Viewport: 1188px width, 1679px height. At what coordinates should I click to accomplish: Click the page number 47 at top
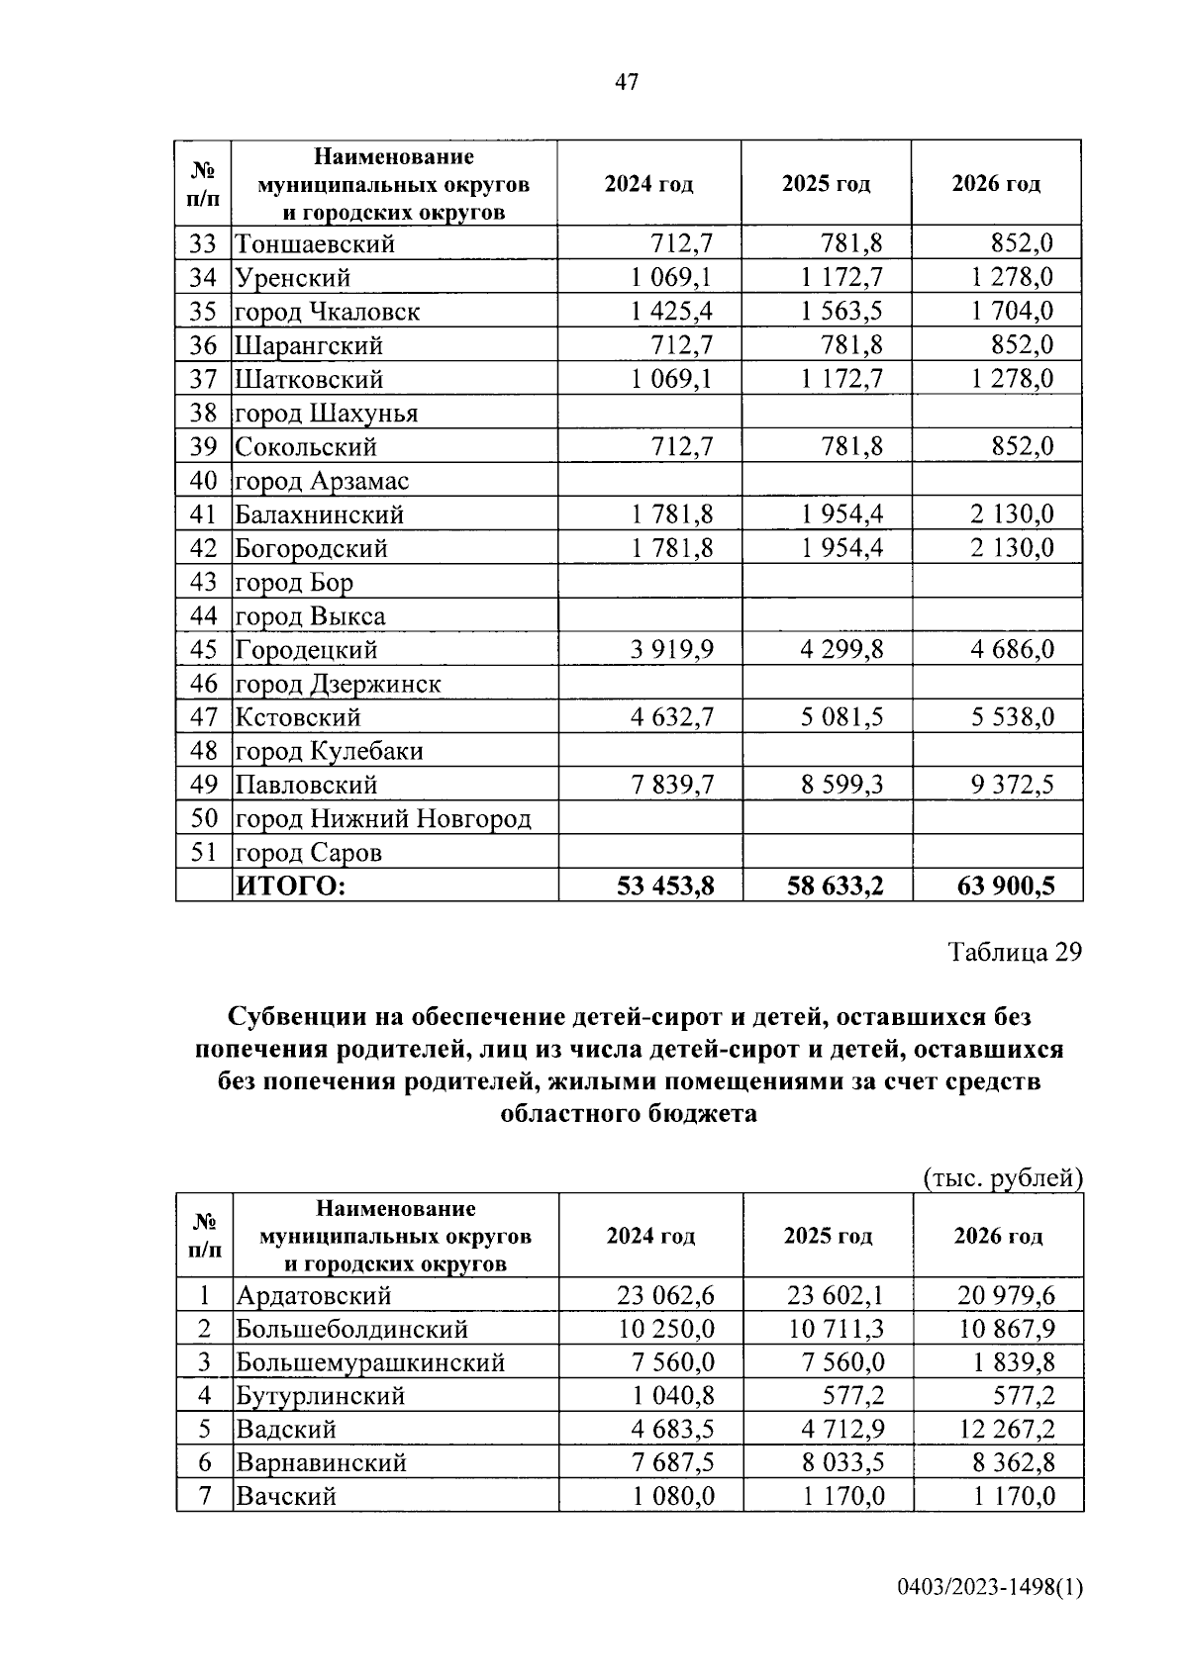click(x=626, y=82)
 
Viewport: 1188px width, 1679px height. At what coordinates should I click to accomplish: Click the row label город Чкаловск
click(x=327, y=312)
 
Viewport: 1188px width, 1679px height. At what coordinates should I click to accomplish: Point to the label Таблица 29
click(x=1015, y=952)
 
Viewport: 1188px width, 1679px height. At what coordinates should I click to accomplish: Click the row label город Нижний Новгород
click(x=382, y=819)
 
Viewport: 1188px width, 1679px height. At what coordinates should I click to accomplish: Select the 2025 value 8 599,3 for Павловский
click(x=841, y=786)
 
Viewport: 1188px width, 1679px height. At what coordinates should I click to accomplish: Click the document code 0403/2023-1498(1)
click(x=990, y=1588)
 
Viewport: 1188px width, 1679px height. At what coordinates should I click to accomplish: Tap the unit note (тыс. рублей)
click(x=1003, y=1178)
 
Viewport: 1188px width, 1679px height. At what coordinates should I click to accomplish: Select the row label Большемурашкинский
click(x=370, y=1362)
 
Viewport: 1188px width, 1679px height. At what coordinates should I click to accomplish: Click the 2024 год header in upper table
click(x=649, y=184)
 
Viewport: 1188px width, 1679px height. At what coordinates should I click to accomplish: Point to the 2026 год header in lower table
click(x=998, y=1236)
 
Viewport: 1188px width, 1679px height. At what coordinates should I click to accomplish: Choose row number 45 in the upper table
click(x=203, y=650)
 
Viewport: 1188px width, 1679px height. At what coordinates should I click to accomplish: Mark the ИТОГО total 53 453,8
click(x=665, y=886)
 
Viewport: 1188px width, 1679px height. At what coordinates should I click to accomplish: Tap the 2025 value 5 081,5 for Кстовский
click(x=841, y=717)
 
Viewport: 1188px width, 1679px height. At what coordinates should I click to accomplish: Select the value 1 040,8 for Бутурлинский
click(x=673, y=1396)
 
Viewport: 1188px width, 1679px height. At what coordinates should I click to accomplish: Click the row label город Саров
click(x=308, y=853)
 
